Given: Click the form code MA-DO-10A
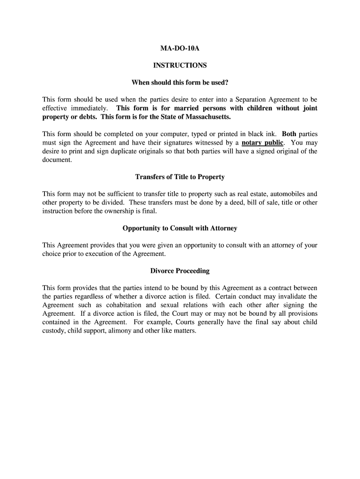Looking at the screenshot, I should point(180,48).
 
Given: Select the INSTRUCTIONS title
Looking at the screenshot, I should point(180,65).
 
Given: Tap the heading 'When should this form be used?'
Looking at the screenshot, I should point(180,83).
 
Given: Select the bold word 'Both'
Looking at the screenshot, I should point(289,134).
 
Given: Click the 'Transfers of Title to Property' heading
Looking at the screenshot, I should point(180,177).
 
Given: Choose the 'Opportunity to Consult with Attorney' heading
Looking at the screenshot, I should point(180,228).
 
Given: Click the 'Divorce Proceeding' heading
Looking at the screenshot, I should point(180,271).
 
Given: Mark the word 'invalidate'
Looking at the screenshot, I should point(290,297).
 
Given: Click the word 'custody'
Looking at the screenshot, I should point(54,331).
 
